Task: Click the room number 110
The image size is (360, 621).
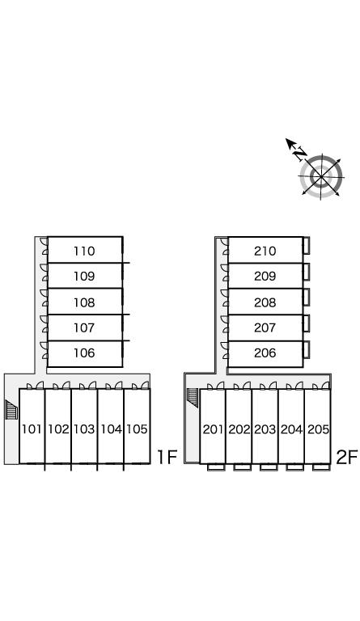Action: click(x=84, y=251)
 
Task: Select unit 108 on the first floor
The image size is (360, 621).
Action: click(x=84, y=302)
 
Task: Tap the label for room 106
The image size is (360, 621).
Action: click(x=84, y=353)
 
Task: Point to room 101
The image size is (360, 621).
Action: click(x=32, y=429)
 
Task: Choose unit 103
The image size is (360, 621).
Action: click(x=84, y=429)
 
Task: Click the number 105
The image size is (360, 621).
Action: click(x=137, y=429)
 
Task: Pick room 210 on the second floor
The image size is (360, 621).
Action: click(x=265, y=251)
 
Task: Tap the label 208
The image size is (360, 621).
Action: click(x=265, y=302)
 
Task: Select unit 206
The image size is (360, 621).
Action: click(x=265, y=353)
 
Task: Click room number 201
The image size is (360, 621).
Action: click(x=213, y=429)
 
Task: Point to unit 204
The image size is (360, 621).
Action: click(x=291, y=429)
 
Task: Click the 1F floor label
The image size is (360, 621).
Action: click(x=167, y=457)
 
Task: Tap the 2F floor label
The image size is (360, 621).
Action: click(x=347, y=457)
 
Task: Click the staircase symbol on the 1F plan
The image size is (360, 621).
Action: click(x=11, y=409)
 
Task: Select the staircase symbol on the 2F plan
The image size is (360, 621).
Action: click(x=193, y=397)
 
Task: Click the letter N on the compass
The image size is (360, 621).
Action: click(x=300, y=154)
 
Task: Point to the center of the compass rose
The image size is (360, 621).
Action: click(x=321, y=175)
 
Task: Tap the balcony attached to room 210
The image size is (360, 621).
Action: click(x=306, y=246)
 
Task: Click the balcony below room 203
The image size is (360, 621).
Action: click(x=269, y=467)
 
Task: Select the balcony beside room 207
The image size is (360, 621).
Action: click(x=306, y=323)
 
